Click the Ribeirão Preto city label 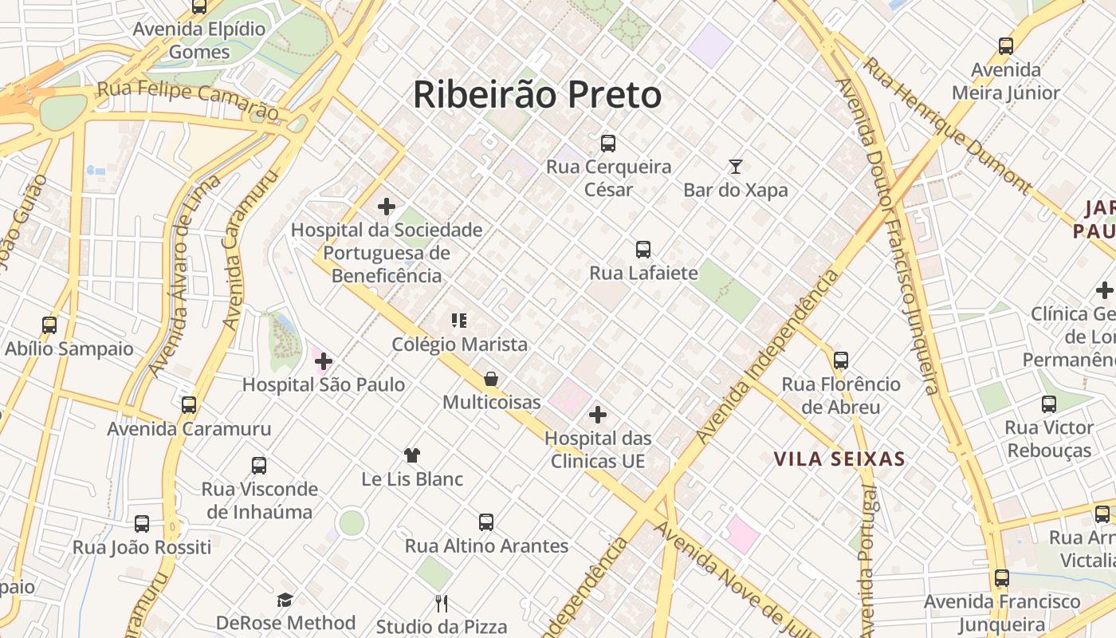[537, 95]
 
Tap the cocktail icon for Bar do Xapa [736, 167]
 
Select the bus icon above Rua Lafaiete [643, 250]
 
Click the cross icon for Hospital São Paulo [324, 362]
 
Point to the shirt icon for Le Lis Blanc [412, 455]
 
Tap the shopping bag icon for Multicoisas [491, 379]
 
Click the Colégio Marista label [459, 345]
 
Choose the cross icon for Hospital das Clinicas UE [597, 415]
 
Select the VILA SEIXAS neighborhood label [839, 459]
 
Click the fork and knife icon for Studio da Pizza [442, 603]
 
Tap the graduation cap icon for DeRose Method [285, 600]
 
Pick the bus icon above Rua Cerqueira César [608, 144]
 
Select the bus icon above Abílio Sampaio [49, 325]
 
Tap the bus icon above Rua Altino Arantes [486, 522]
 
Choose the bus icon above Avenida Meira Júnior [1006, 46]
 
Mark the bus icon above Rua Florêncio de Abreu [841, 360]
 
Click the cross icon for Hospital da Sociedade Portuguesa [387, 207]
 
